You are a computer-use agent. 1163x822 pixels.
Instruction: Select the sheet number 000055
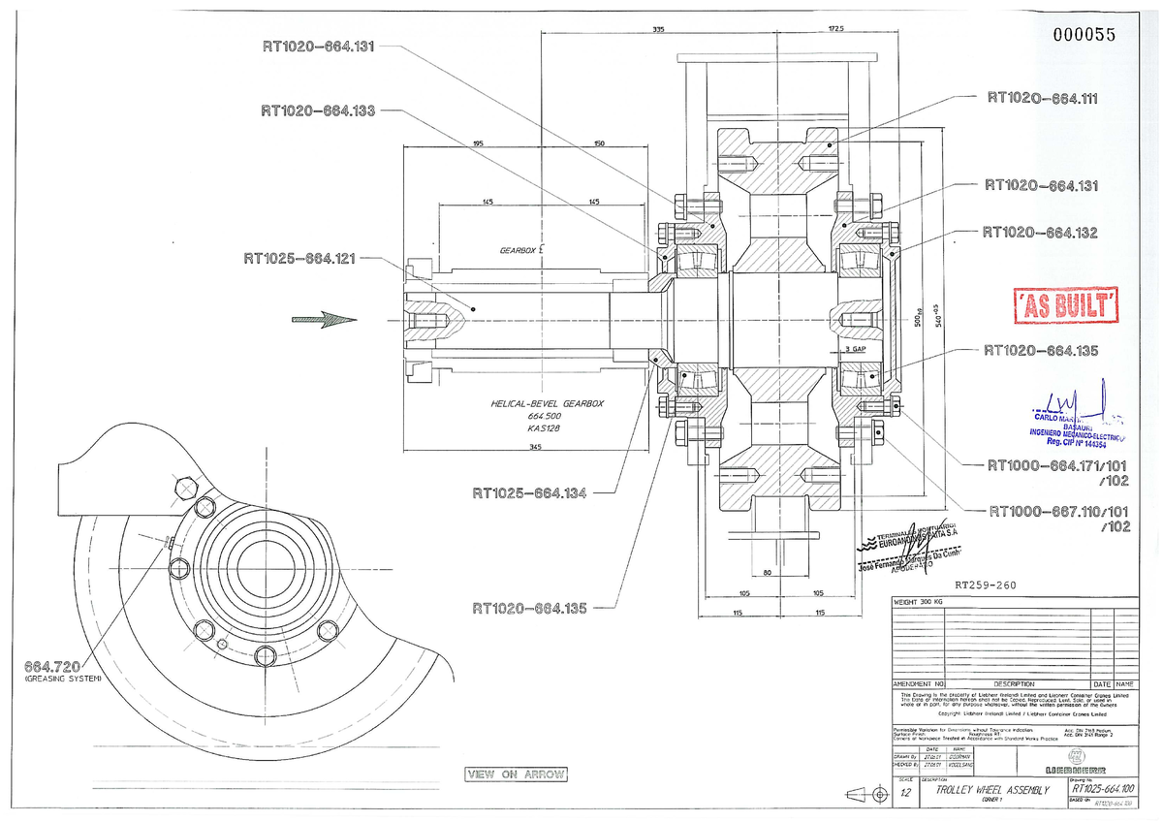tap(1084, 35)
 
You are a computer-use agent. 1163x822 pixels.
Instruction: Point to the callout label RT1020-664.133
tap(317, 111)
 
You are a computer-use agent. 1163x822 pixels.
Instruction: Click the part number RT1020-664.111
tap(1042, 97)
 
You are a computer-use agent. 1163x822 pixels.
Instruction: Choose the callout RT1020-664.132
tap(1039, 233)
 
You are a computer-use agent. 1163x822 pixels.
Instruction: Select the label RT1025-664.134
tap(529, 493)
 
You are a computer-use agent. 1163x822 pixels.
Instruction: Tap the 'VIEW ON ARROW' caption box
tap(516, 775)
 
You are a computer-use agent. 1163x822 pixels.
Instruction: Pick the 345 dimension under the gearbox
tap(535, 447)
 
